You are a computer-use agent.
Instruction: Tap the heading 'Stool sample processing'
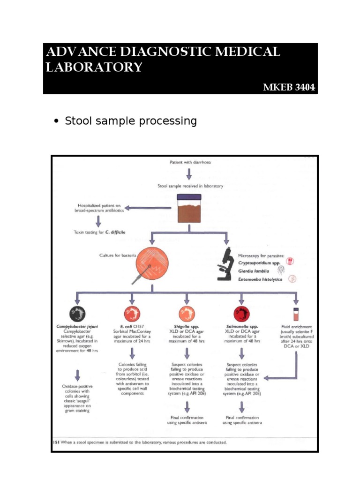tap(131, 121)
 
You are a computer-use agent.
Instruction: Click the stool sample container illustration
tap(187, 209)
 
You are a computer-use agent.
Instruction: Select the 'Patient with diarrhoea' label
tap(189, 162)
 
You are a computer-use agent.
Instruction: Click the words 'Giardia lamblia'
tap(255, 270)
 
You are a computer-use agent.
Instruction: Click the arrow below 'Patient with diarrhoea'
tap(189, 174)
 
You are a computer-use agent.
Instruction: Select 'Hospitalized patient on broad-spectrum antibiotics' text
tap(99, 208)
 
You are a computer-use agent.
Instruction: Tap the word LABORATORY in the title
tap(94, 67)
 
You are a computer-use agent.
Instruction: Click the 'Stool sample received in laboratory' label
tap(190, 186)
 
